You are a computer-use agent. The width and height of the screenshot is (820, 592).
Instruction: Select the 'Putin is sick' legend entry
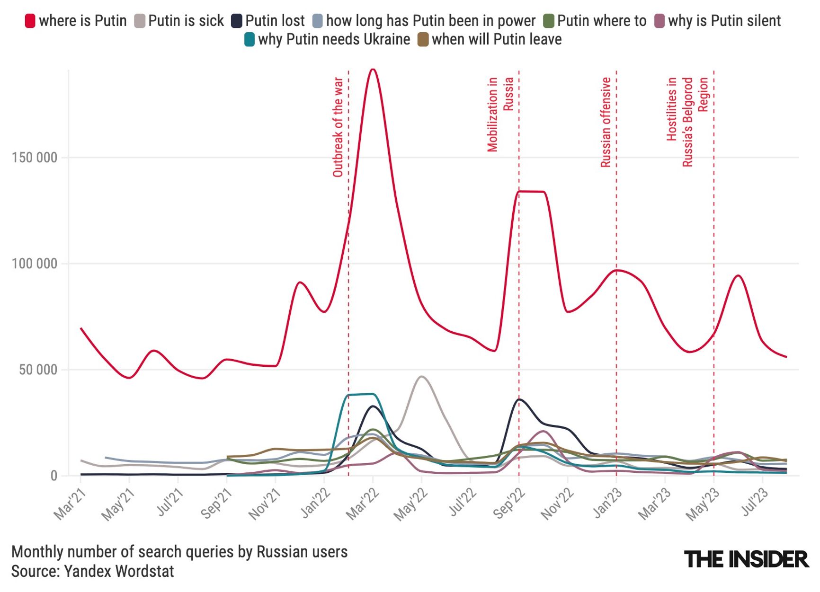179,21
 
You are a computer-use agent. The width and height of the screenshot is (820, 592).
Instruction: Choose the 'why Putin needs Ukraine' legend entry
327,39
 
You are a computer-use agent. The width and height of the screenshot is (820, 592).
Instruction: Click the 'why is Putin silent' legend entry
718,21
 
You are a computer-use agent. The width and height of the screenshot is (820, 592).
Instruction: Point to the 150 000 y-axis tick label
34,158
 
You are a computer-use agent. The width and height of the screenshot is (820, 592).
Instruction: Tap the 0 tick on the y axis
53,476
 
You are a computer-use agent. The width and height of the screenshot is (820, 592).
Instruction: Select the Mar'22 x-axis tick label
363,504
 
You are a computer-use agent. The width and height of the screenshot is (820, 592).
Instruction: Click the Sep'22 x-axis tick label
509,504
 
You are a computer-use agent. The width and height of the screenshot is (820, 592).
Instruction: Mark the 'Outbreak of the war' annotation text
338,127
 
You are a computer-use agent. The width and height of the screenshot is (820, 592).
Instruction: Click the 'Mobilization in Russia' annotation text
500,115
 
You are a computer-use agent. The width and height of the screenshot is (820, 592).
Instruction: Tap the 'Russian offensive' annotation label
606,123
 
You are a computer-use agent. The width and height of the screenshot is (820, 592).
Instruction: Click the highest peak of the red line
373,70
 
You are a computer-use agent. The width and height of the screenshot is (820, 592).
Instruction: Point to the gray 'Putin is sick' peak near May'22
421,377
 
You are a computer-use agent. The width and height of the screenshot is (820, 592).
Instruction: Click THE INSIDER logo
746,559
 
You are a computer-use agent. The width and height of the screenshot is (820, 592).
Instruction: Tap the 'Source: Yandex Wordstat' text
93,571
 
